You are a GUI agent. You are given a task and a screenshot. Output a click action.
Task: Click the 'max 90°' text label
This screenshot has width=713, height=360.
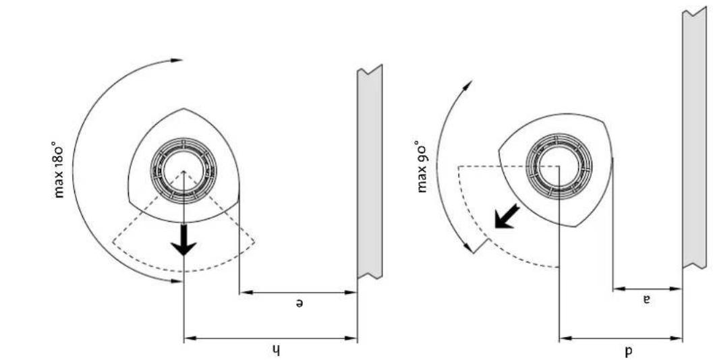tap(423, 167)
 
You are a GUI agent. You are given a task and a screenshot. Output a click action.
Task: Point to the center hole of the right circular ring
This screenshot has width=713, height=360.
tap(559, 164)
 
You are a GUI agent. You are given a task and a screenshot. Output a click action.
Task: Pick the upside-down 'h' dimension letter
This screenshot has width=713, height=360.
tap(275, 349)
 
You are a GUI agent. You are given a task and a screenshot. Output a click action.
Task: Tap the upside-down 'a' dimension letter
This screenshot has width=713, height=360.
tap(646, 299)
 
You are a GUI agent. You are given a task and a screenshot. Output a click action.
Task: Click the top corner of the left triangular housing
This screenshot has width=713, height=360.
tap(183, 109)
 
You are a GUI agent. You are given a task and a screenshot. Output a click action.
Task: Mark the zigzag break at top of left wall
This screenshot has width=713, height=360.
tap(370, 69)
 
